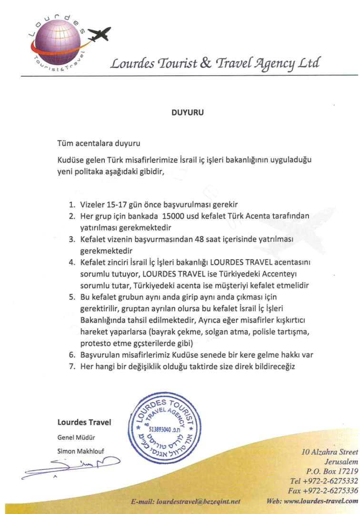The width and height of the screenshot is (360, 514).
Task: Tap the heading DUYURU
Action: [x=188, y=113]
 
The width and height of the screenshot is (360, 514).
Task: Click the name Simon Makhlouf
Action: [x=79, y=451]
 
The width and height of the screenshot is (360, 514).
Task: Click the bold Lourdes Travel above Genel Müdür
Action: [x=84, y=422]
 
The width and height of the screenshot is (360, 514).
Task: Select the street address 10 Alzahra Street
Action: [x=330, y=452]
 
